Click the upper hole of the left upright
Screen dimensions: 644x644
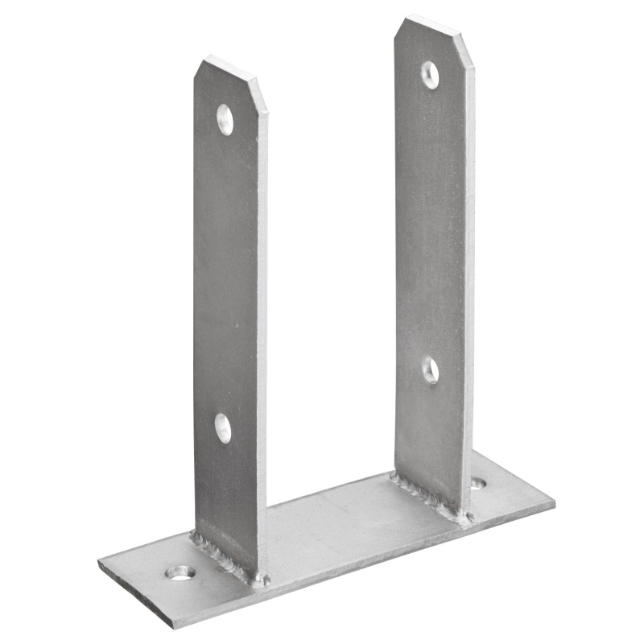click(225, 119)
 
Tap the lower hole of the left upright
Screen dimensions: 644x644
click(223, 427)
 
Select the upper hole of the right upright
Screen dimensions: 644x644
click(431, 75)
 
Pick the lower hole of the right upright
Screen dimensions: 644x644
click(431, 369)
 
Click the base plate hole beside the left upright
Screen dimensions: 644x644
click(180, 572)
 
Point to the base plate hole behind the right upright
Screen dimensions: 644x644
click(478, 484)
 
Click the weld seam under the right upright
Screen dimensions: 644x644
click(431, 497)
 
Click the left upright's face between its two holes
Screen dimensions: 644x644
click(227, 274)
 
